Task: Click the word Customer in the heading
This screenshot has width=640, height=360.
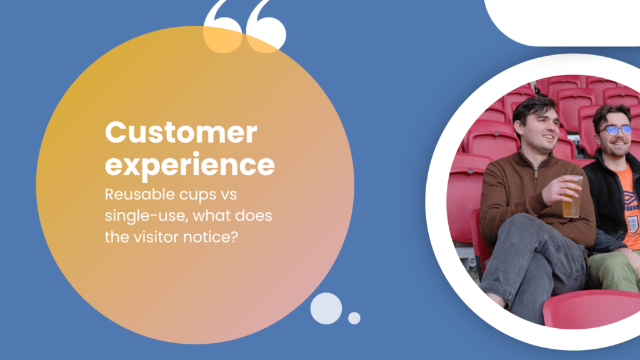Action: click(181, 132)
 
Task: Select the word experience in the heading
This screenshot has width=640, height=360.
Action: click(190, 165)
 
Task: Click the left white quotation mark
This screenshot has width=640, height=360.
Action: click(223, 27)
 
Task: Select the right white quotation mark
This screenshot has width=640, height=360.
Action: click(266, 27)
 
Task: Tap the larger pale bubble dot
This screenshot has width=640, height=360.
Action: click(326, 308)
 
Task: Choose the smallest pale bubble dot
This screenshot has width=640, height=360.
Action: click(354, 318)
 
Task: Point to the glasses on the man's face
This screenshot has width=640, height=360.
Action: click(616, 130)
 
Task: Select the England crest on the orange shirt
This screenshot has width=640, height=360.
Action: click(632, 223)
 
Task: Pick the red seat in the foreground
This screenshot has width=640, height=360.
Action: click(592, 309)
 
